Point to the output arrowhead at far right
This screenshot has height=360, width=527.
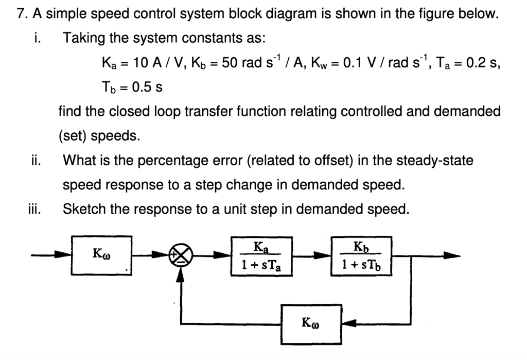[x=448, y=256]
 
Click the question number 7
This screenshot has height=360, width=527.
[x=20, y=14]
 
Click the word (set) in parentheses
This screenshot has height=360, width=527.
[x=72, y=135]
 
